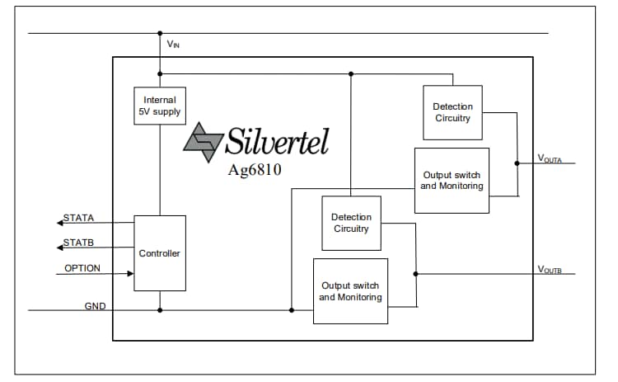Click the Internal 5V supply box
point(160,106)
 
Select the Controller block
point(160,252)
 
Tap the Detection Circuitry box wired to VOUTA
point(453,112)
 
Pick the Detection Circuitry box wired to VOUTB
point(351,223)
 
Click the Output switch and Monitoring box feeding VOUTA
point(452,181)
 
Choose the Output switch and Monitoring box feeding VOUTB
point(350,291)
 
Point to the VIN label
point(173,45)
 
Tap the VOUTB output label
point(550,269)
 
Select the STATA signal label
point(80,218)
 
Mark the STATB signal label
point(80,243)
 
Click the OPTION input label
point(82,268)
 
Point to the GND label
point(95,306)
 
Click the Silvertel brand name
point(278,142)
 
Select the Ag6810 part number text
point(255,171)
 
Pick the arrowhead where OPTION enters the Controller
point(129,274)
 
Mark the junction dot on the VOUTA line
point(517,163)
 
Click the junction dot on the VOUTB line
point(416,274)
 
